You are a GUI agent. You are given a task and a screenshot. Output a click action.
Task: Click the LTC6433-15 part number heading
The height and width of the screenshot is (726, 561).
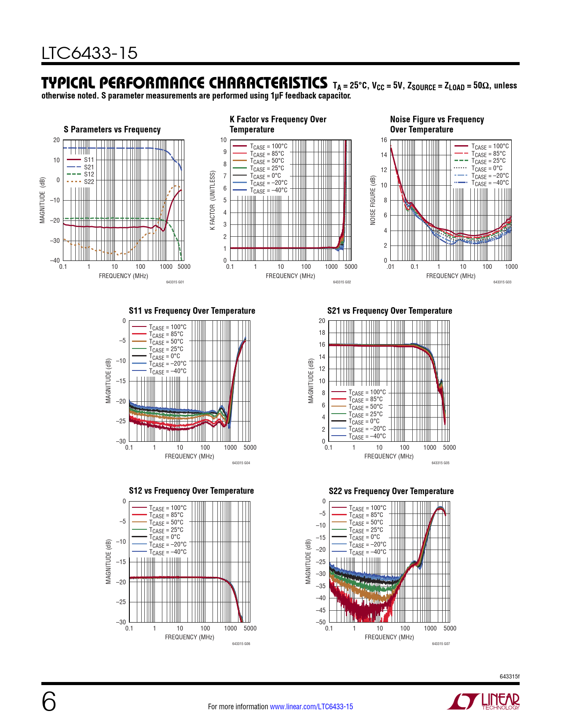(89, 53)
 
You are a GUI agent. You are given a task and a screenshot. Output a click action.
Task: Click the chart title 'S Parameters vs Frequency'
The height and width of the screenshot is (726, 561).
(112, 129)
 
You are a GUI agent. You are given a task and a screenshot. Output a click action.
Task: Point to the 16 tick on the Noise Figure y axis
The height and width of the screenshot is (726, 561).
(384, 140)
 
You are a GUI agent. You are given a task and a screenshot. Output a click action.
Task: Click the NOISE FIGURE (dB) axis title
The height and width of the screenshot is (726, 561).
(373, 200)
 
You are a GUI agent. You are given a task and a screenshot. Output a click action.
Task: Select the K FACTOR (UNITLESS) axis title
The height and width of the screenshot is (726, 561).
(213, 200)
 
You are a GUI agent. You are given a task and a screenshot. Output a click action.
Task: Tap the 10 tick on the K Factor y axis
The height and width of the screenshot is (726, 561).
(224, 140)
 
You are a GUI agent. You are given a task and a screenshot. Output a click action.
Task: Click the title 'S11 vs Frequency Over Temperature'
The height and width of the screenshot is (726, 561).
(192, 311)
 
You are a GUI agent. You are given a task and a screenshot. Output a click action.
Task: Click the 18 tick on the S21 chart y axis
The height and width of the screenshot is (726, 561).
(322, 333)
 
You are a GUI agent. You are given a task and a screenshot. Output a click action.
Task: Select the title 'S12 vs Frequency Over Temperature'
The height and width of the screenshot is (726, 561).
(191, 491)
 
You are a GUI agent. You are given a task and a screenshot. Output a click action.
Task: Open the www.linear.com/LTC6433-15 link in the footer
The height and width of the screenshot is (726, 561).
(311, 707)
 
